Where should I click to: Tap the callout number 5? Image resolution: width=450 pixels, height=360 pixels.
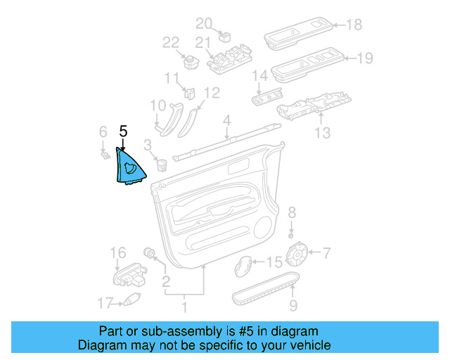coord(123,131)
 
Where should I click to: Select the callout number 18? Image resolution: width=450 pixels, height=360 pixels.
coord(354,25)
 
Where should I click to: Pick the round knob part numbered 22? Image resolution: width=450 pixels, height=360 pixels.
coord(189,60)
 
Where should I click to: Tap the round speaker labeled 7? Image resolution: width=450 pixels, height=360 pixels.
coord(300,252)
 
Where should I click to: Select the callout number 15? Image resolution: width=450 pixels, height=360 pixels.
coord(274,262)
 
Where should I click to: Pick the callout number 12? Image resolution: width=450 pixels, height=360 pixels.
coord(211,92)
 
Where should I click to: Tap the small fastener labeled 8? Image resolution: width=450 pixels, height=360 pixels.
coord(292,233)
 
